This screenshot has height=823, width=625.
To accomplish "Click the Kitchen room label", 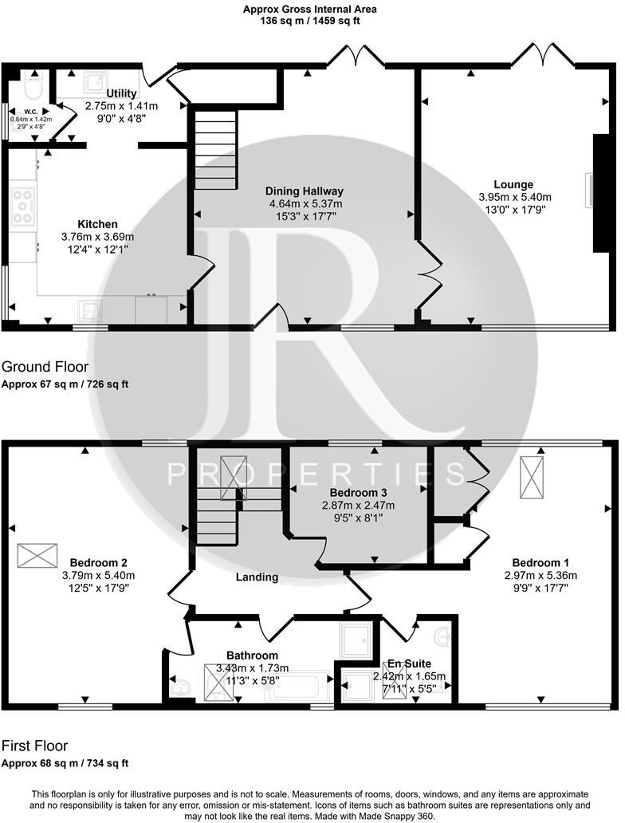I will [97, 224].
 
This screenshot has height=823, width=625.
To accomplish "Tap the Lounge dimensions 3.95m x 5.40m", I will [514, 197].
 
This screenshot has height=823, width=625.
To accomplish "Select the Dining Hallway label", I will [305, 191].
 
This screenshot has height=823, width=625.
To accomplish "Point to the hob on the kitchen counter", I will [22, 206].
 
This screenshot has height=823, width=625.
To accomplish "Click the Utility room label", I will [122, 93].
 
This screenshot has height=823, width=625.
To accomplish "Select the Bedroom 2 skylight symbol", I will [37, 555].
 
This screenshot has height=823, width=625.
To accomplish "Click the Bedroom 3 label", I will [358, 492].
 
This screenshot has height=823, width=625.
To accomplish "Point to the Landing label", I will [257, 577].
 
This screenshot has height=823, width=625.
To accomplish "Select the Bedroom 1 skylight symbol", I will [529, 478].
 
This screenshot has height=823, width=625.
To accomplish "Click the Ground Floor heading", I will [45, 367].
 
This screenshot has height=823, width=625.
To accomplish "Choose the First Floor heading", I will [34, 746].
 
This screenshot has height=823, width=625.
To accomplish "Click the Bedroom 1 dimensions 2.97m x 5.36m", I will [540, 575].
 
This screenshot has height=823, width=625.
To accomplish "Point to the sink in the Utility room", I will [96, 81].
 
